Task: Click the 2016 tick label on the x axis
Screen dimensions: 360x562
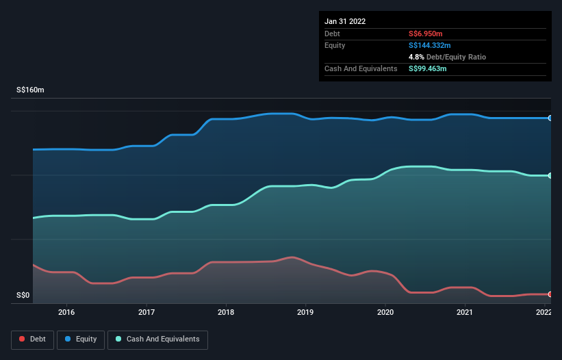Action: point(66,313)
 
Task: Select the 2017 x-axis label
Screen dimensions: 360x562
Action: point(146,313)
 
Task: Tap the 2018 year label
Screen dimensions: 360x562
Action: point(226,313)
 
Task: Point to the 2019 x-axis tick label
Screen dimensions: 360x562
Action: point(305,313)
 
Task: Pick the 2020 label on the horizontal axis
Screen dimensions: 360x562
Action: point(385,313)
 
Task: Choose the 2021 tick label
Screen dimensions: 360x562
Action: point(465,313)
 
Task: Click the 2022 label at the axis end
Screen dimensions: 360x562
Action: point(544,313)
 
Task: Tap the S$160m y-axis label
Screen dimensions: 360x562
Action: point(31,90)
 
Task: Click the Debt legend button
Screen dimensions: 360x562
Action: point(32,339)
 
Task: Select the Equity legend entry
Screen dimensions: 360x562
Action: point(81,339)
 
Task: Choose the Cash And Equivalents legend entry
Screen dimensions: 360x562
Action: point(157,339)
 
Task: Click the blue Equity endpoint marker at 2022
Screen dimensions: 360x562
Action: point(550,118)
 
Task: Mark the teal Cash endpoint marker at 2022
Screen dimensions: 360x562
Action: point(550,176)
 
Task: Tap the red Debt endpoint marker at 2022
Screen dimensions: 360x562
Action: point(550,294)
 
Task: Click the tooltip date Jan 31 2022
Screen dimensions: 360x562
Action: point(345,21)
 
